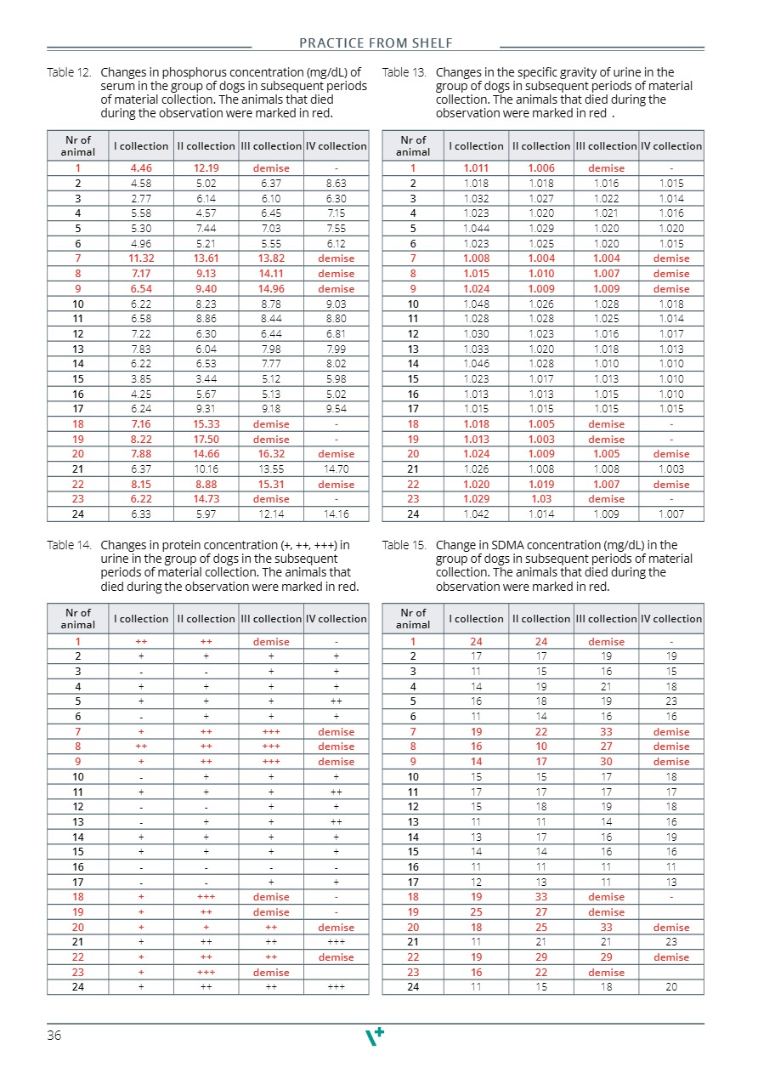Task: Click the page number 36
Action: tap(54, 1035)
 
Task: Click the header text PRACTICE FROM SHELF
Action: tap(376, 43)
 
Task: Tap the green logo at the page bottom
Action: tap(375, 1036)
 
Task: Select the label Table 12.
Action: tap(69, 72)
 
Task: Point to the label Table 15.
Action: tap(404, 545)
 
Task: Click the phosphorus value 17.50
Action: tap(206, 440)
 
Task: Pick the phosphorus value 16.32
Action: tap(271, 454)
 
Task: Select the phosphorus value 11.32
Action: tap(141, 258)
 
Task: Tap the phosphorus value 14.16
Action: tap(336, 514)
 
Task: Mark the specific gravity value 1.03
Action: tap(541, 499)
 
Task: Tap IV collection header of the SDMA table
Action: tap(671, 619)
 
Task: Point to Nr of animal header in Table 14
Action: tap(78, 619)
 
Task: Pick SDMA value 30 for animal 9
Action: tap(606, 762)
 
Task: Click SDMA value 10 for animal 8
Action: tap(541, 747)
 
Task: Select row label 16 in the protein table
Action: tap(78, 867)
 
